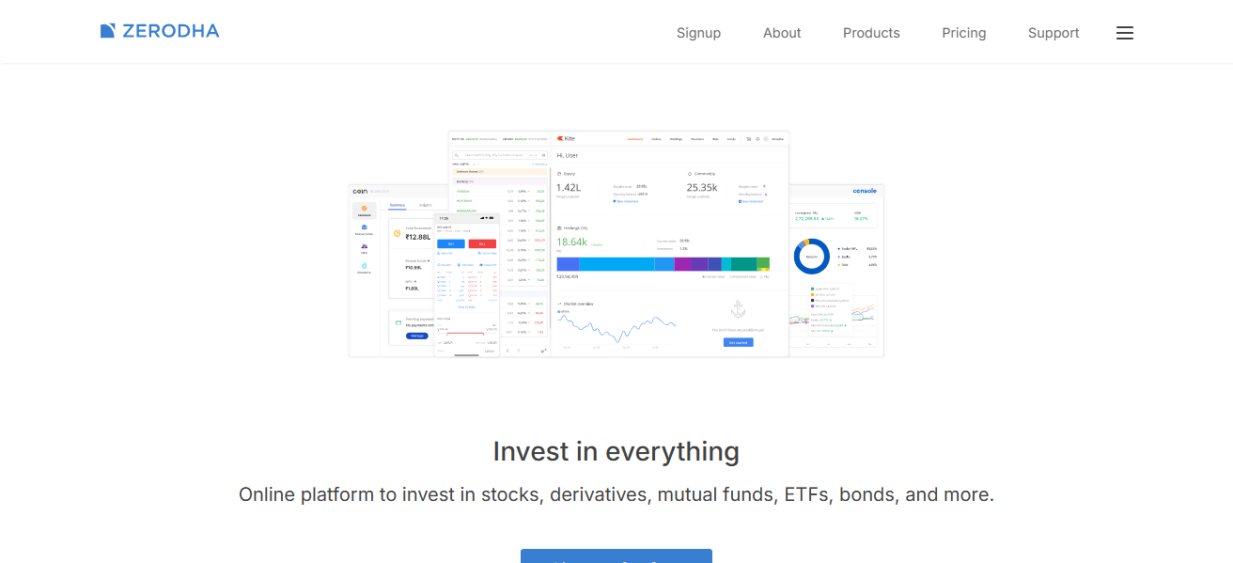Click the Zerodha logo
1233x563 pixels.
click(x=160, y=31)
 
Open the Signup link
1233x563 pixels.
click(x=698, y=33)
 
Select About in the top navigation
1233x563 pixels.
click(x=782, y=33)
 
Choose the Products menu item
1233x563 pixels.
click(x=871, y=33)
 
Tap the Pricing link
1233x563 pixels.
click(x=964, y=33)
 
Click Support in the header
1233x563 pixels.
click(x=1054, y=33)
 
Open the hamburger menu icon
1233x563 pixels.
click(x=1125, y=33)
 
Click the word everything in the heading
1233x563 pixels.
click(x=672, y=452)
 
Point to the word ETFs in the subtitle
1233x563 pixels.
click(x=808, y=494)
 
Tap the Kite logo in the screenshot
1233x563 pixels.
click(x=566, y=138)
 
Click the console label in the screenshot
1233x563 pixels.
click(x=865, y=191)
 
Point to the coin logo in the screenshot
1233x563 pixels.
click(x=359, y=191)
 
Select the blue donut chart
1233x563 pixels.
click(x=811, y=257)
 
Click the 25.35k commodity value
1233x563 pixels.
click(x=702, y=188)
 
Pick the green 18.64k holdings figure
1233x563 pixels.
click(x=571, y=242)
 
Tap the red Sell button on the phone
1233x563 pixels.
click(x=482, y=243)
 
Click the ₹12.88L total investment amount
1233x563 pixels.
click(x=418, y=238)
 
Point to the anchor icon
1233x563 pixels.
click(x=738, y=309)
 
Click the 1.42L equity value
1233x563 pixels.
click(x=569, y=188)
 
